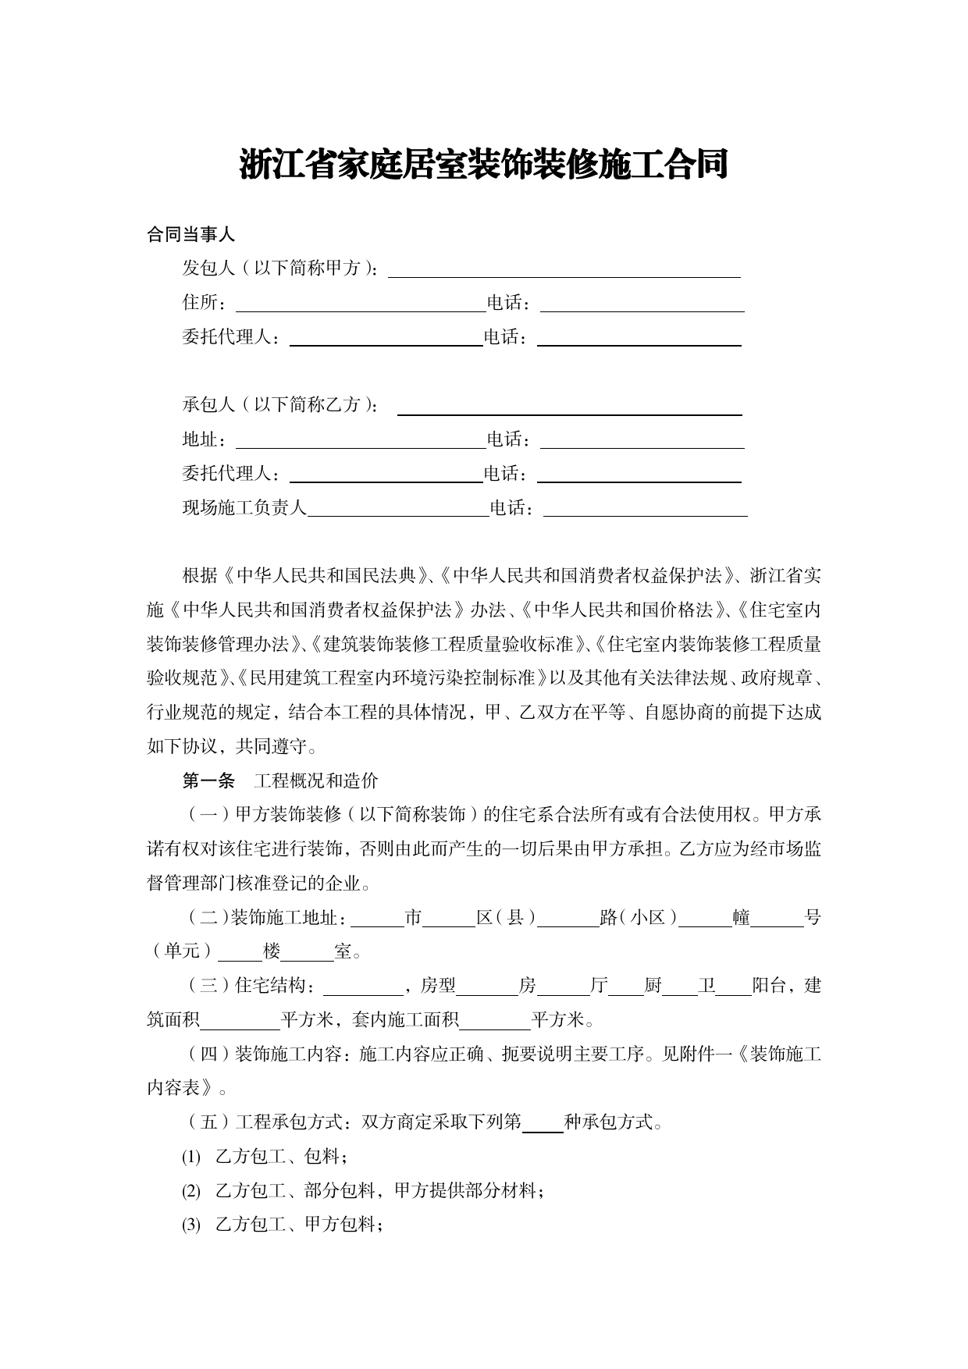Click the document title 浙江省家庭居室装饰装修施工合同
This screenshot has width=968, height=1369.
coord(483,165)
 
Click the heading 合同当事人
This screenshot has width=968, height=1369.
coord(190,234)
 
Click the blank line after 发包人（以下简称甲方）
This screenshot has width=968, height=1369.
coord(564,270)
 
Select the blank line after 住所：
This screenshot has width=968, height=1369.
coord(361,304)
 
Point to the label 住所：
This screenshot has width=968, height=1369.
coord(205,303)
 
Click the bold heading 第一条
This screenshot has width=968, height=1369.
coord(208,781)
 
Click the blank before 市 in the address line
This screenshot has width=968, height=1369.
coord(382,919)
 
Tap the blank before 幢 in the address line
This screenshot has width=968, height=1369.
coord(705,919)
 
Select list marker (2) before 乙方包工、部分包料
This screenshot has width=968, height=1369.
coord(191,1191)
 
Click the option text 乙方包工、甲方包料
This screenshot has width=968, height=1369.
coord(298,1225)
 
